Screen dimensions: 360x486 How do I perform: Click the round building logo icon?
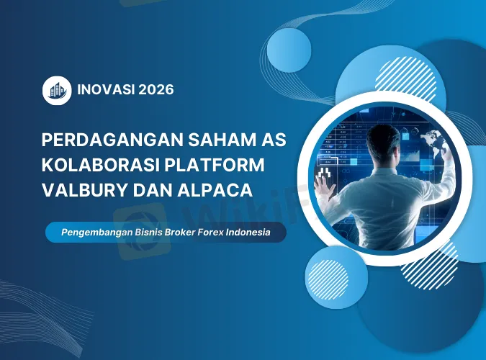pyautogui.click(x=57, y=91)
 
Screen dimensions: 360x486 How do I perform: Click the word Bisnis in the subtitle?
pyautogui.click(x=146, y=233)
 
